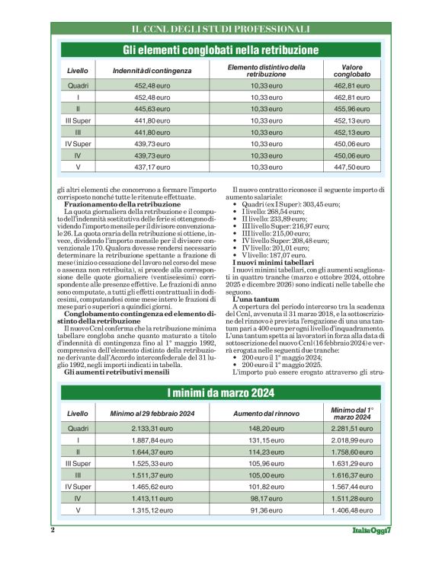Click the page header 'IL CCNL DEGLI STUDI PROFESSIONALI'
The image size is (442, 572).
tap(221, 29)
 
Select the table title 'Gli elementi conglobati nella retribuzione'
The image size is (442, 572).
tap(221, 50)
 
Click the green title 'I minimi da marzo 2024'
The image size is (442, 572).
tap(221, 392)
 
